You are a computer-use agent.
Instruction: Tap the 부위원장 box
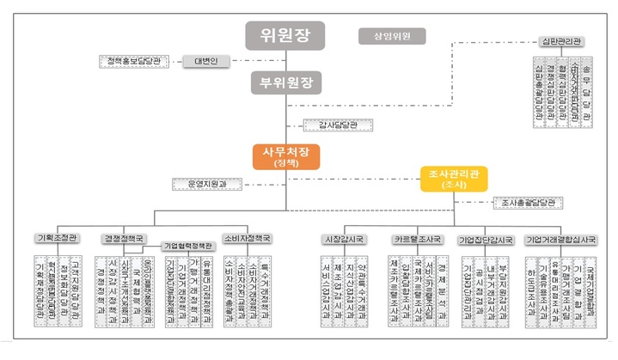pos(285,83)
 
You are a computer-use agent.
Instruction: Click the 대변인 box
pos(204,61)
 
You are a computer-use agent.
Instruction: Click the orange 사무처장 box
pos(285,156)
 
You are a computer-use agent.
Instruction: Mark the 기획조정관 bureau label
pos(57,238)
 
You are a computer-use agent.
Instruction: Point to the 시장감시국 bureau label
pos(342,238)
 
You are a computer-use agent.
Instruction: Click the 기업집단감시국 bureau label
pos(485,238)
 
